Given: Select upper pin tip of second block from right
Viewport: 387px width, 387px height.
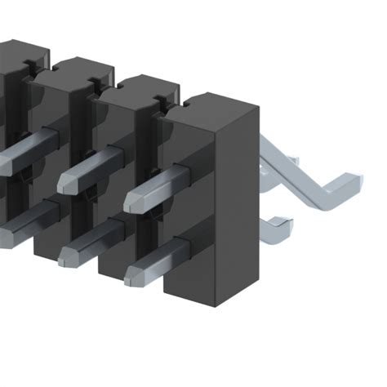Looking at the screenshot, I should tap(66, 184).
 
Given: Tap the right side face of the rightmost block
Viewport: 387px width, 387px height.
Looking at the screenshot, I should tap(238, 204).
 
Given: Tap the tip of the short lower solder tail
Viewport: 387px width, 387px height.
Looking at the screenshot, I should tap(282, 221).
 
